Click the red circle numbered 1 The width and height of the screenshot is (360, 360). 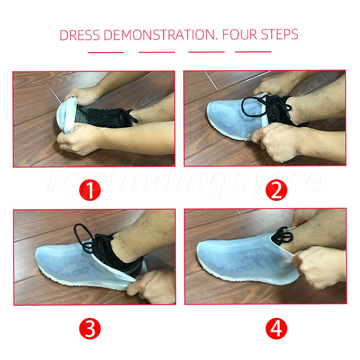(x=90, y=190)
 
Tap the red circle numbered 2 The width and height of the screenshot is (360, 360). (x=276, y=190)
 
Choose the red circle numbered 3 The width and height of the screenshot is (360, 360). (x=90, y=329)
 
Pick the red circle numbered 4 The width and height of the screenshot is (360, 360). (x=276, y=329)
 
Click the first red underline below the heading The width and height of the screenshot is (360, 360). (x=106, y=52)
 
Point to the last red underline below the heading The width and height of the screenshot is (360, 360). (x=253, y=51)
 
